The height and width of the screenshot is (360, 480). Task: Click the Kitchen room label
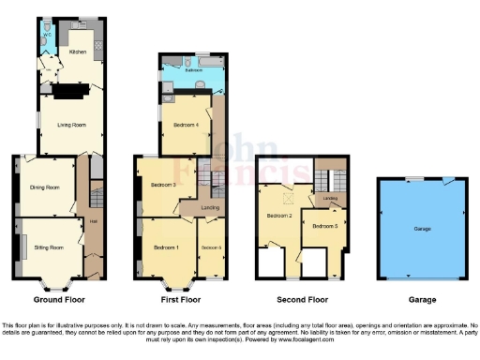click(x=78, y=52)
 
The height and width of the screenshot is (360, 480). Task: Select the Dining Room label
click(x=46, y=187)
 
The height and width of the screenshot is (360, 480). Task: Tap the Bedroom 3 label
click(x=163, y=185)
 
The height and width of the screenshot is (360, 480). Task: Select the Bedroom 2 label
click(x=278, y=217)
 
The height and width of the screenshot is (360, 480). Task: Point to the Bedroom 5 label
click(x=324, y=226)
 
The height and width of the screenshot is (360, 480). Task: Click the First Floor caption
click(x=181, y=300)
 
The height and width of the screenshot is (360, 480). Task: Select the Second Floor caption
click(x=301, y=300)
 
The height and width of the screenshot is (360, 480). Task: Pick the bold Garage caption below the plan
click(x=421, y=300)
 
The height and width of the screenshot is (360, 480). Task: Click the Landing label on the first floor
click(x=212, y=208)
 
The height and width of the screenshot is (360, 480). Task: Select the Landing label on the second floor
click(x=330, y=199)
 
